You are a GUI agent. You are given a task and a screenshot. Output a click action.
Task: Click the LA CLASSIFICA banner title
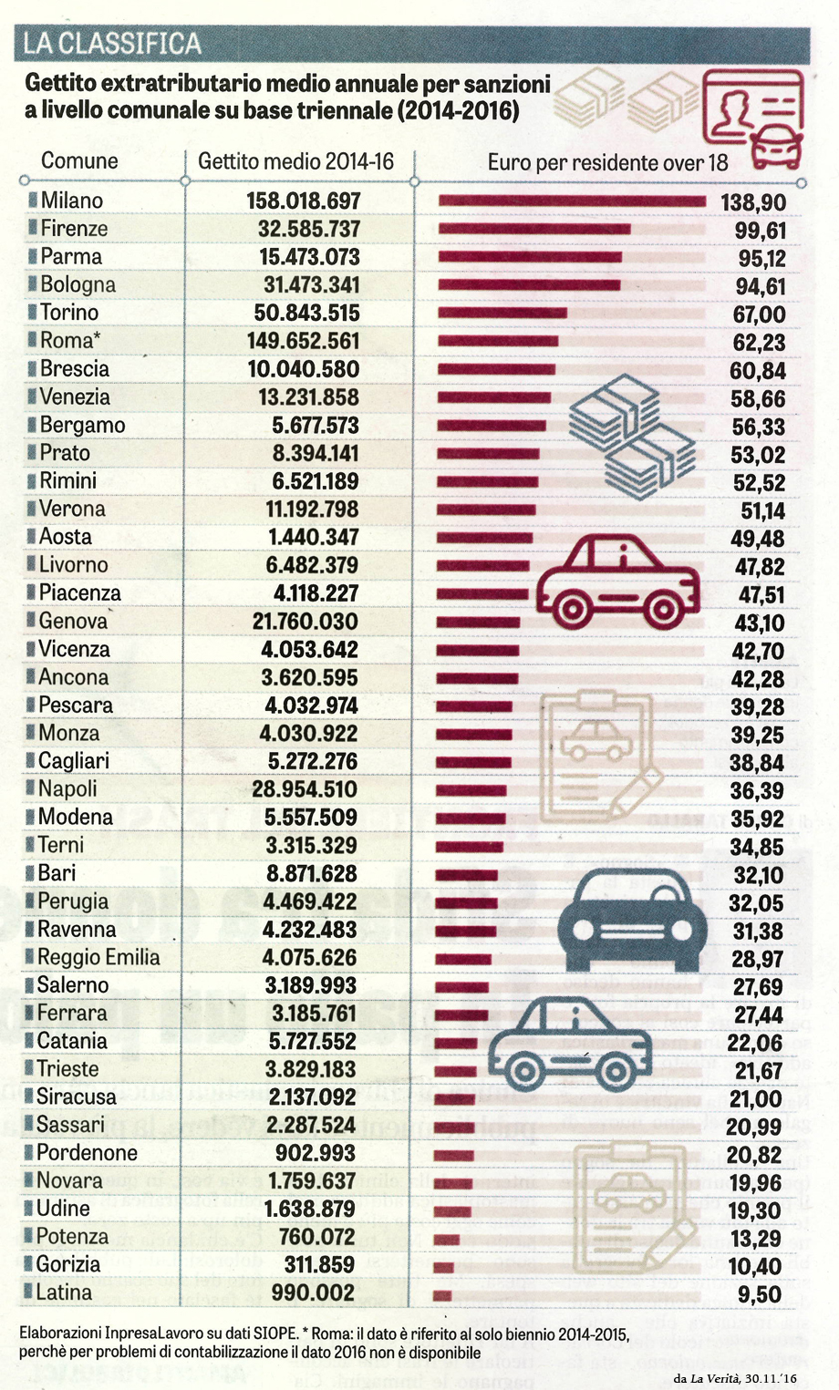click(112, 44)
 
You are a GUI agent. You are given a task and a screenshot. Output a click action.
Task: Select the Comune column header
click(79, 161)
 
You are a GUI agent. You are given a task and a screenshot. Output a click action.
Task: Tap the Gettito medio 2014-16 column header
click(295, 161)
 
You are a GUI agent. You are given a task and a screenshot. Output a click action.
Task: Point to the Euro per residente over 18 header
click(607, 163)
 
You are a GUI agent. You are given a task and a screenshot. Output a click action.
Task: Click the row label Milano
click(71, 201)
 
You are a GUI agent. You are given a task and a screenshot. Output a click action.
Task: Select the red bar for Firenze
click(533, 229)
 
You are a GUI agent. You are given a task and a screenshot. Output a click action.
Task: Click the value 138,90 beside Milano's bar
click(752, 202)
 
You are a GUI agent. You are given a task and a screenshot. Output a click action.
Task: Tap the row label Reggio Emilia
click(98, 957)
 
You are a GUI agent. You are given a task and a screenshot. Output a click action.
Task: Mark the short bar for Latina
click(442, 1294)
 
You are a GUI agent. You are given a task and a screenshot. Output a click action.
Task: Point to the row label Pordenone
click(87, 1153)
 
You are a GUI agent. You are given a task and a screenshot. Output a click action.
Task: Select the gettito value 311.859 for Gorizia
click(318, 1265)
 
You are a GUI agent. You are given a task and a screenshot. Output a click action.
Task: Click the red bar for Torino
click(502, 314)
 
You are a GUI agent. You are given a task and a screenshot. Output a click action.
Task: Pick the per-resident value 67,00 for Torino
click(759, 314)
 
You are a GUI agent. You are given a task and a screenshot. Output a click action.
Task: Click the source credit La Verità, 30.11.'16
click(735, 1377)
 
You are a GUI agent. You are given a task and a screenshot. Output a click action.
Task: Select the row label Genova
click(73, 622)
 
